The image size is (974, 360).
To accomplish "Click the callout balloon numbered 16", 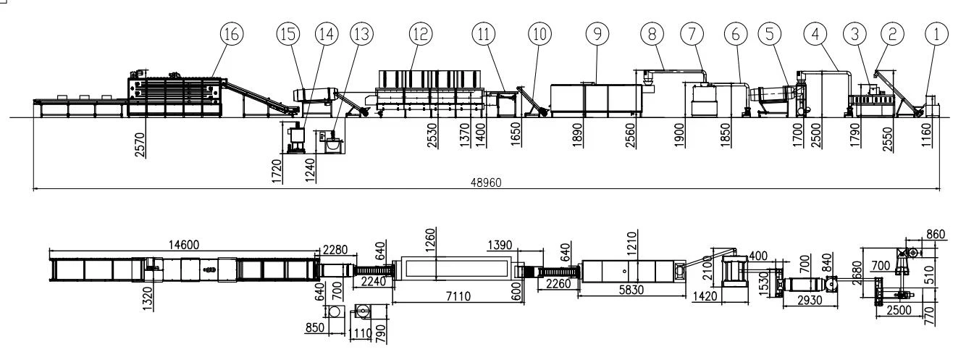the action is pos(231,34).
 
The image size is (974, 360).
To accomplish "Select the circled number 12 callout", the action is pos(421,34).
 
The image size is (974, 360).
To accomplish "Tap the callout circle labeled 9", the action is pos(597,34).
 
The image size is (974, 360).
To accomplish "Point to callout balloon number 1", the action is pos(936,34).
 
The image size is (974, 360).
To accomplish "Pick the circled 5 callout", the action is pos(770,34).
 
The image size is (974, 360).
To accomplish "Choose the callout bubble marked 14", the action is pos(327,34).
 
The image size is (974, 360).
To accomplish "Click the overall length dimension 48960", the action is pos(486,183).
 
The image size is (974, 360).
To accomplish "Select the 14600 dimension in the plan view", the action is pos(183,245).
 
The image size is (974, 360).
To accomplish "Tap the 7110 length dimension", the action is pos(458,296).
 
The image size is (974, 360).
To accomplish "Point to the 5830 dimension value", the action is pos(631,290).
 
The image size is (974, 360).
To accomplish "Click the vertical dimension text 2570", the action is pos(140,145).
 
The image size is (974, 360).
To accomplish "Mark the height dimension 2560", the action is pos(630,135).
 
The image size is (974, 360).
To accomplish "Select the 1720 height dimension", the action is pos(277,171).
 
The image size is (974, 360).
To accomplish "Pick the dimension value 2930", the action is pos(809,301).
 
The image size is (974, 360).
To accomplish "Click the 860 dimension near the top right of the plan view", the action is pos(936,235).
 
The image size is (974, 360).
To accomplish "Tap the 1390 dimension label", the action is pos(500,246).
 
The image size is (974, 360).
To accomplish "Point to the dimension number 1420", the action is pos(705,296).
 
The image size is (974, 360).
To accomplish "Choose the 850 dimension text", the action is pos(315,327).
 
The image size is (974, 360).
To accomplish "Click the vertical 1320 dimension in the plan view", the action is pos(148,298).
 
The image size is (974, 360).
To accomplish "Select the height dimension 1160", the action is pos(927,135).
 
